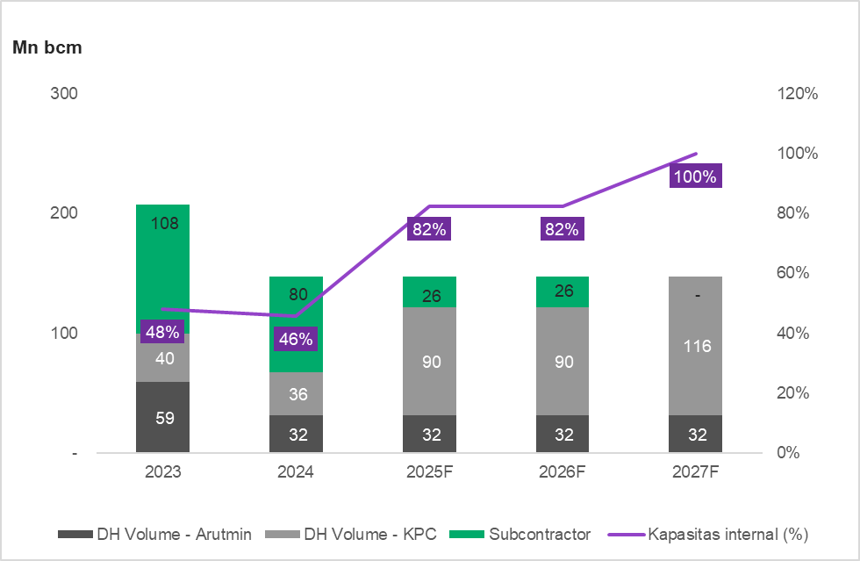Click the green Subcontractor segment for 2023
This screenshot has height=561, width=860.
163,263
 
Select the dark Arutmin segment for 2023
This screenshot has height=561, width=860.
163,418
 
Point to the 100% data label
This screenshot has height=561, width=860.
695,176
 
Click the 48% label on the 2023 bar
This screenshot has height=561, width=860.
163,333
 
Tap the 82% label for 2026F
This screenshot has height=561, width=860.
562,230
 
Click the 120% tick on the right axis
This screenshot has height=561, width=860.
798,93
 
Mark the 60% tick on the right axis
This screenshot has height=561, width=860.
798,273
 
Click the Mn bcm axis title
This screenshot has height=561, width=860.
47,48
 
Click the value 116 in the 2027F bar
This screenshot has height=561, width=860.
696,347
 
